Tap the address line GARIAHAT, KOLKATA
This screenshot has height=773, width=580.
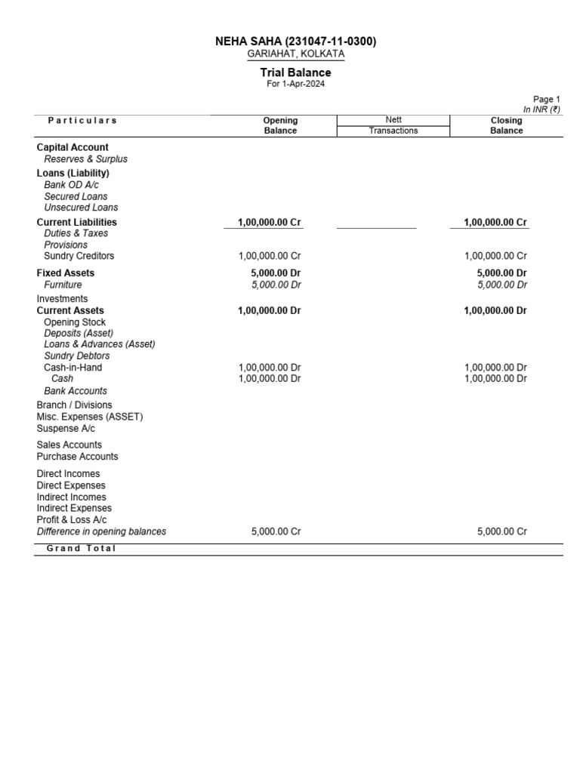296,54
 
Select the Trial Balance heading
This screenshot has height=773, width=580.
296,72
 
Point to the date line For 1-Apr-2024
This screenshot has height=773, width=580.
296,84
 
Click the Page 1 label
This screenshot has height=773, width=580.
547,99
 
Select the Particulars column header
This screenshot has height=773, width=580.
82,120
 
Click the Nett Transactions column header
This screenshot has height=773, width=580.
393,125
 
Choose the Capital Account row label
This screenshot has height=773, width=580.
72,147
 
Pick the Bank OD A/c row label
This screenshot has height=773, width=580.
71,185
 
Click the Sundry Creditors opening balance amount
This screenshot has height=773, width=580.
270,256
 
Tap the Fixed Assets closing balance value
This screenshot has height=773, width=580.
495,273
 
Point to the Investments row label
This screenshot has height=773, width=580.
62,299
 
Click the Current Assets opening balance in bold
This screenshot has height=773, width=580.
270,310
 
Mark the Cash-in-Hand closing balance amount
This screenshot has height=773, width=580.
495,368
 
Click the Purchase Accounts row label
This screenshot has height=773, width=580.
77,457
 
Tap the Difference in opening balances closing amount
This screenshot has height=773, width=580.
502,531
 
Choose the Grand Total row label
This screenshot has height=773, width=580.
82,549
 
